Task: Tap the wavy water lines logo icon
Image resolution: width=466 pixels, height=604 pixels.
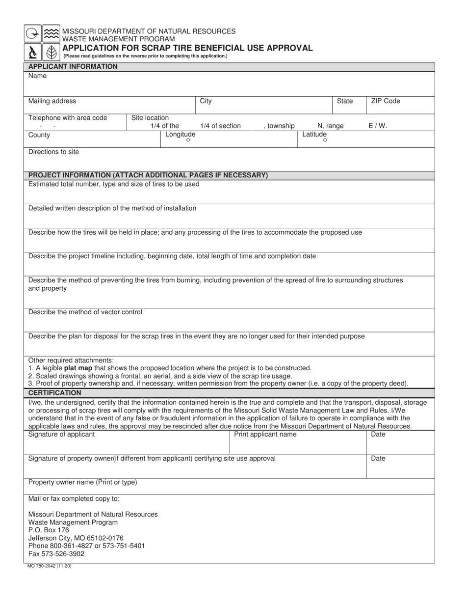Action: [51, 33]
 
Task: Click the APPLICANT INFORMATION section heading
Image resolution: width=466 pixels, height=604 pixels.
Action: [73, 67]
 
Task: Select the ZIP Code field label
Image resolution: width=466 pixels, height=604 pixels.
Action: [385, 101]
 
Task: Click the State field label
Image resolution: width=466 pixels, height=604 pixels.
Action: [344, 101]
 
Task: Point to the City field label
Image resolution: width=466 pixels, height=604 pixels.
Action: [206, 101]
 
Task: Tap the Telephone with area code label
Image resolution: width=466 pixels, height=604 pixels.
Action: [67, 118]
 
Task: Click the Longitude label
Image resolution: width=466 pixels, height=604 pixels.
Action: [180, 135]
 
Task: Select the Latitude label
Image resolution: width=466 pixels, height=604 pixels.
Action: [314, 135]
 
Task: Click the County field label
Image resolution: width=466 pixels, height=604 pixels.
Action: [39, 135]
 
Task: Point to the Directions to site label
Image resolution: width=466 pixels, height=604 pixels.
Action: [53, 152]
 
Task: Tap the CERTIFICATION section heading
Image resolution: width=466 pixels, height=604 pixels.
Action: [54, 393]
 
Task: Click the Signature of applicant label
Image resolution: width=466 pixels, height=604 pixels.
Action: [61, 435]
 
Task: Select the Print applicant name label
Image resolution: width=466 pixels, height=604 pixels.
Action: [265, 435]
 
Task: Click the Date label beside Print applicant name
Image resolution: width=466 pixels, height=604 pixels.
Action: [378, 435]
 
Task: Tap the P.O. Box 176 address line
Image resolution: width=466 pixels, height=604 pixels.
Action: [49, 530]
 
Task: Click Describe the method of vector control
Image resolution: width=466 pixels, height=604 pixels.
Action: [85, 312]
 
